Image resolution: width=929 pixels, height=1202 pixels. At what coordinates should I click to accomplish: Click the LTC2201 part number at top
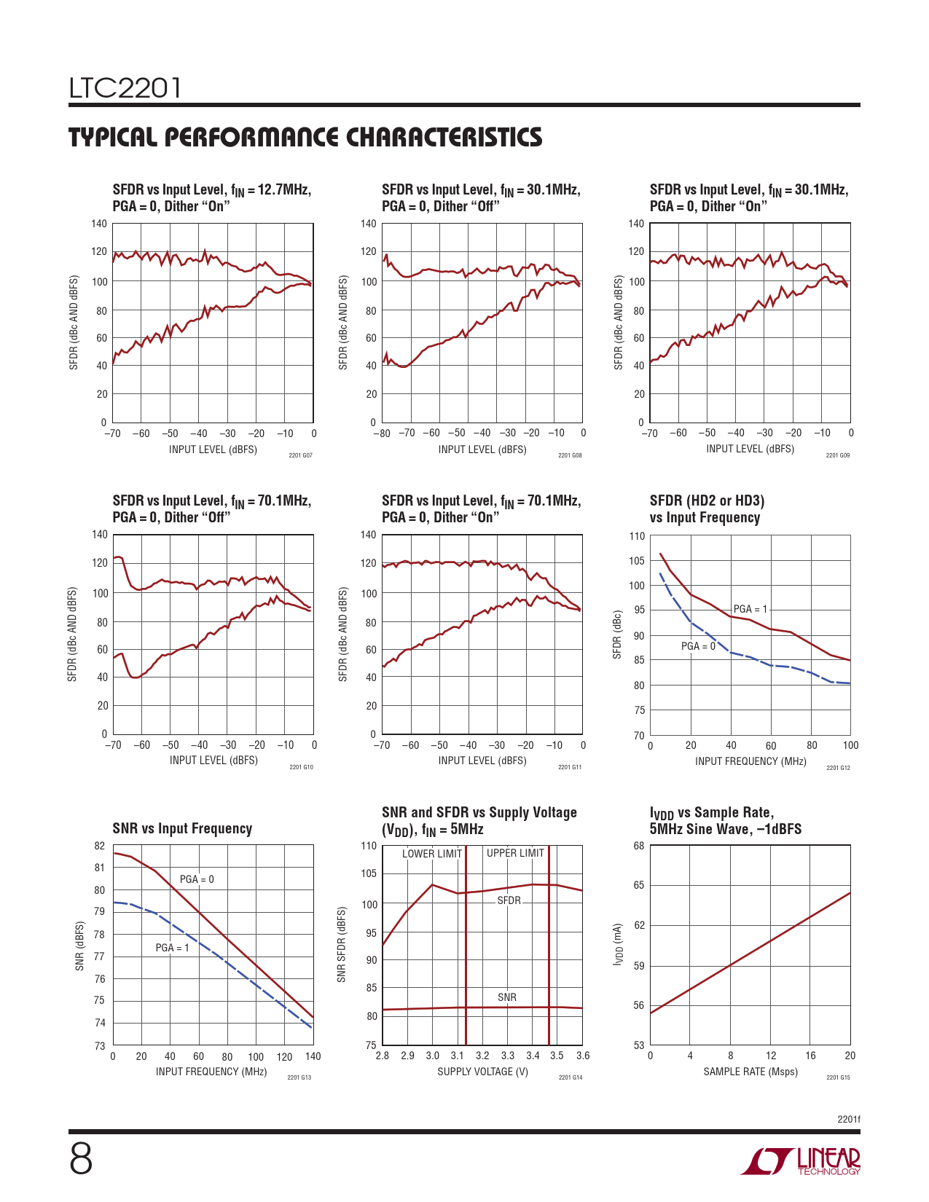click(x=125, y=88)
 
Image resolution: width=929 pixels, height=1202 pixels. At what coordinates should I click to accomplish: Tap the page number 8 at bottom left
click(x=81, y=1159)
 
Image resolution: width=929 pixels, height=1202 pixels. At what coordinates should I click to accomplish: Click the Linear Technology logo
click(x=801, y=1161)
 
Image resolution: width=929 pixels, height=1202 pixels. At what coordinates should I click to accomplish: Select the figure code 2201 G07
click(x=300, y=455)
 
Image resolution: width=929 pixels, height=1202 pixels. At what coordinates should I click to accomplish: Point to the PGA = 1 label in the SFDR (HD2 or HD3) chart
click(x=750, y=609)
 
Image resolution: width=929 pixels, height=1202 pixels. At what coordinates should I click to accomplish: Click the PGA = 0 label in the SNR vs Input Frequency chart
click(x=197, y=879)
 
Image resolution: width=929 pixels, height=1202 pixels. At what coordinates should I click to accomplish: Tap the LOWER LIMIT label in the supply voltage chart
click(x=432, y=854)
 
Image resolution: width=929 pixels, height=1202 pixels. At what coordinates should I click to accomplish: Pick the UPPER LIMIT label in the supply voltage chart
click(x=515, y=853)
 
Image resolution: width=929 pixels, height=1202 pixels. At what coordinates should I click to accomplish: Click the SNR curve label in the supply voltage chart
click(x=507, y=997)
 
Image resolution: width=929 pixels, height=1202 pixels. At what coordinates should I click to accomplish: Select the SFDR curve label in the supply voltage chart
click(x=509, y=900)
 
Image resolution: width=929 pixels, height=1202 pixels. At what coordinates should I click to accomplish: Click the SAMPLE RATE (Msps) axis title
click(x=750, y=1072)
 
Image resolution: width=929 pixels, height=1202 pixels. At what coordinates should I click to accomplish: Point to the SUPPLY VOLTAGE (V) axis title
click(x=482, y=1072)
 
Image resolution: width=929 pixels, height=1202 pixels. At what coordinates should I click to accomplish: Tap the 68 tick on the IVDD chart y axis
click(x=639, y=846)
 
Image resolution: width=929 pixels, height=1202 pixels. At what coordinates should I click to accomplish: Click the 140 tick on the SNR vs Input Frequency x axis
click(x=313, y=1056)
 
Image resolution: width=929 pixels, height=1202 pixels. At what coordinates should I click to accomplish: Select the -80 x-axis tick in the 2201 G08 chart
click(x=382, y=433)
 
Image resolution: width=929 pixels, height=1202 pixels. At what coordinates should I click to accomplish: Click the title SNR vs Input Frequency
click(x=182, y=828)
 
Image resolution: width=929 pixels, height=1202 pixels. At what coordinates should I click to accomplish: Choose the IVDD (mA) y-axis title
click(x=618, y=945)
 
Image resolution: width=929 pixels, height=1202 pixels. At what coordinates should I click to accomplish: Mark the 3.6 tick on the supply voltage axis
click(x=583, y=1056)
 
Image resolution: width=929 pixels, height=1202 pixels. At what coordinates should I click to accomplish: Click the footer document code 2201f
click(x=849, y=1119)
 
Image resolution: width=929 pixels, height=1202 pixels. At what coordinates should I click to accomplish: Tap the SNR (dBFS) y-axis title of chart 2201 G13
click(x=79, y=946)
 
